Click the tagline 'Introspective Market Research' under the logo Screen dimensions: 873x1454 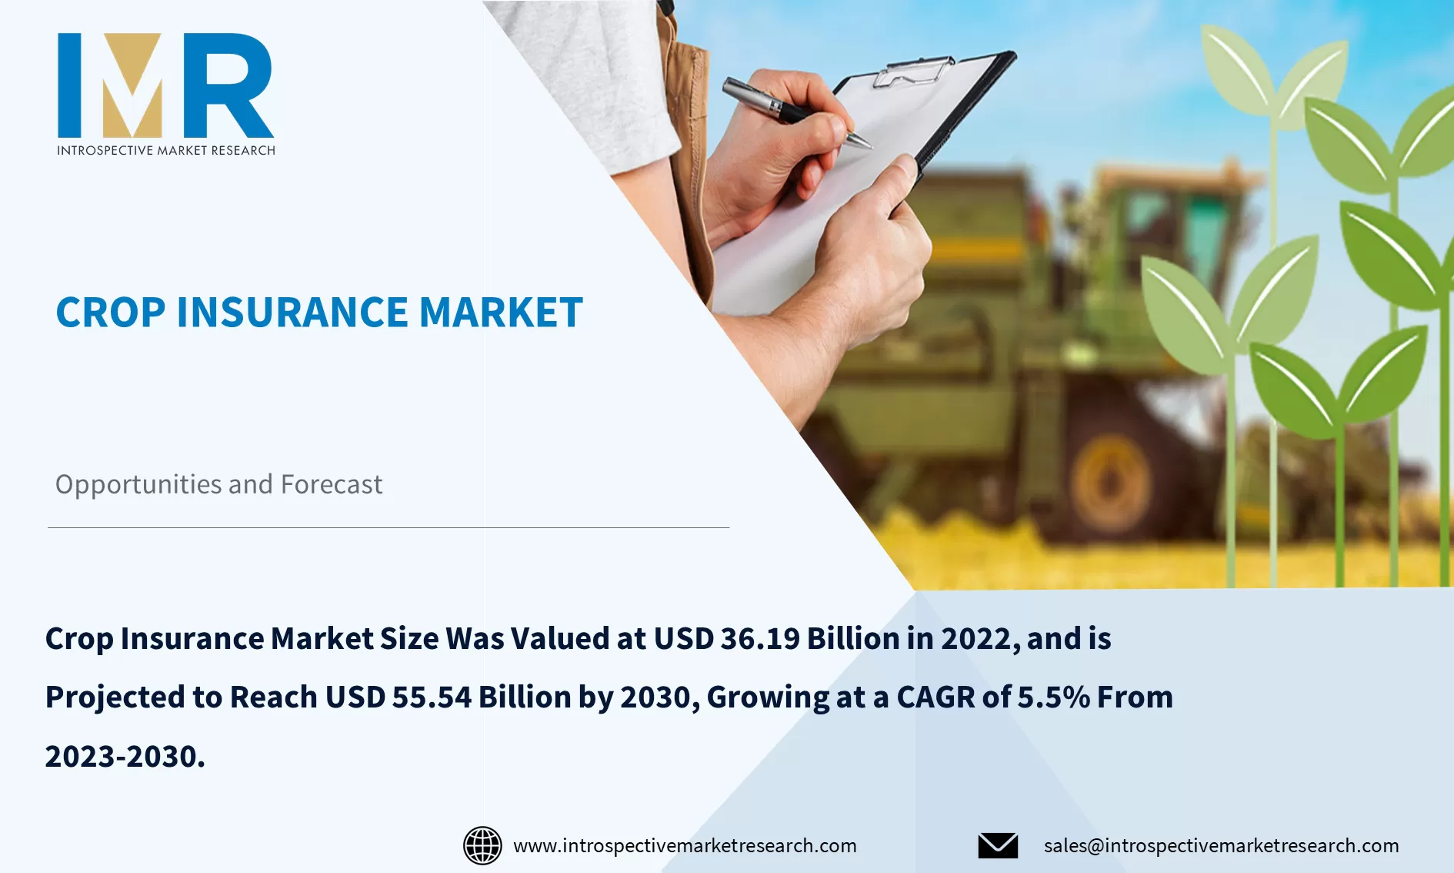pyautogui.click(x=165, y=150)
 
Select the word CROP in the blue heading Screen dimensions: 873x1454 pyautogui.click(x=111, y=313)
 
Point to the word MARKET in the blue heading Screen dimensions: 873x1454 pyautogui.click(x=501, y=313)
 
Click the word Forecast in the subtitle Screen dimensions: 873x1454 pyautogui.click(x=332, y=484)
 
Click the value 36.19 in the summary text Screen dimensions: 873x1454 pyautogui.click(x=760, y=638)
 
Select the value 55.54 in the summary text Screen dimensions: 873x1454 pyautogui.click(x=432, y=697)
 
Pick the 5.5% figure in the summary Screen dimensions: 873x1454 pyautogui.click(x=1054, y=697)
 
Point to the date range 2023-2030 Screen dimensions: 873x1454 pyautogui.click(x=125, y=756)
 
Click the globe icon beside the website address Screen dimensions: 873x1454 pyautogui.click(x=482, y=845)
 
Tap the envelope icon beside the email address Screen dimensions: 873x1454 pyautogui.click(x=998, y=845)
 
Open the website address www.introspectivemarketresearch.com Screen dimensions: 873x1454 pyautogui.click(x=685, y=845)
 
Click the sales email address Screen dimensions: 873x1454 pyautogui.click(x=1221, y=845)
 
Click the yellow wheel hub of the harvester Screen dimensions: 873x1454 pyautogui.click(x=1110, y=481)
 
